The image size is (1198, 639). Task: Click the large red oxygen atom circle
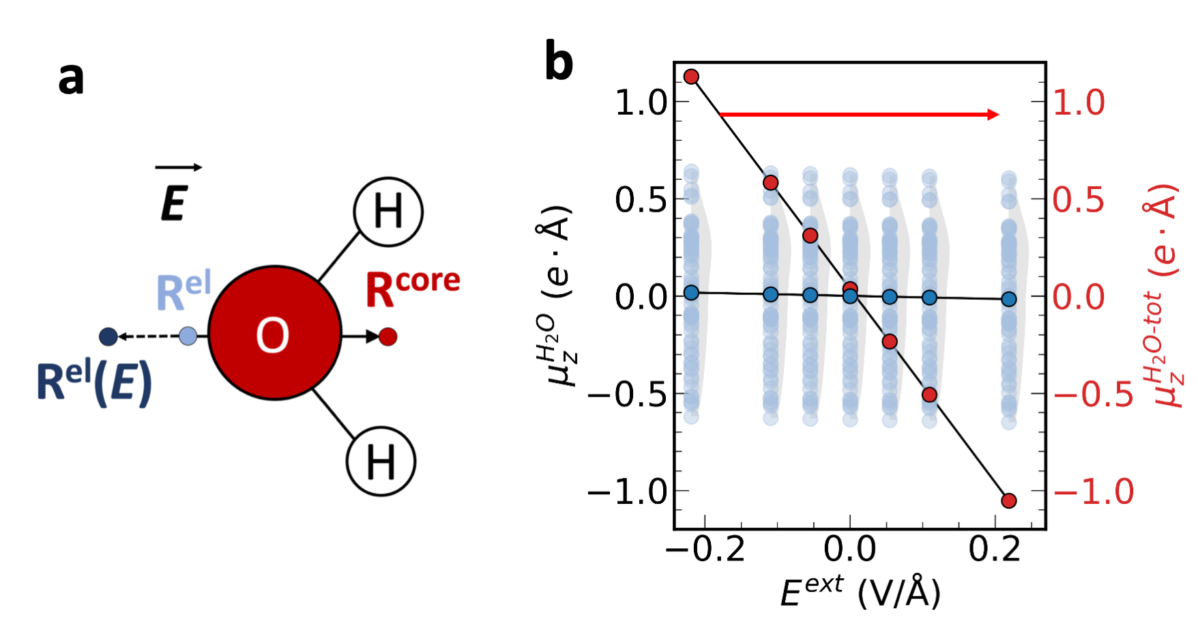pos(274,333)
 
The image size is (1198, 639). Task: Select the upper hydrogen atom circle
pos(388,212)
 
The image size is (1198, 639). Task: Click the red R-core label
pos(412,287)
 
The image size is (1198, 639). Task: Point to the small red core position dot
pos(388,337)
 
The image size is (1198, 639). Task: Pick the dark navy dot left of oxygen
pos(108,337)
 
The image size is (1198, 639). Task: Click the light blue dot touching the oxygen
pos(188,336)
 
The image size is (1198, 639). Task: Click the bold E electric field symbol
pos(174,203)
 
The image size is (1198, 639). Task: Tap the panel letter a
pos(71,79)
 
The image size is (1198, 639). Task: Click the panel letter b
pos(559,62)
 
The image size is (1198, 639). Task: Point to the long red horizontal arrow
pos(860,115)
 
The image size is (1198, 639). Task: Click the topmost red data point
pos(691,76)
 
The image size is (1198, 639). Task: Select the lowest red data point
pos(1009,500)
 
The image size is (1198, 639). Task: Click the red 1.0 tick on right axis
pos(1079,103)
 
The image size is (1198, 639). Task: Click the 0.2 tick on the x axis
pos(994,550)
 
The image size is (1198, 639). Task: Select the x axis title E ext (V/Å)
pos(860,592)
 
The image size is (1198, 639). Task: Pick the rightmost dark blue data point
pos(1009,299)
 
